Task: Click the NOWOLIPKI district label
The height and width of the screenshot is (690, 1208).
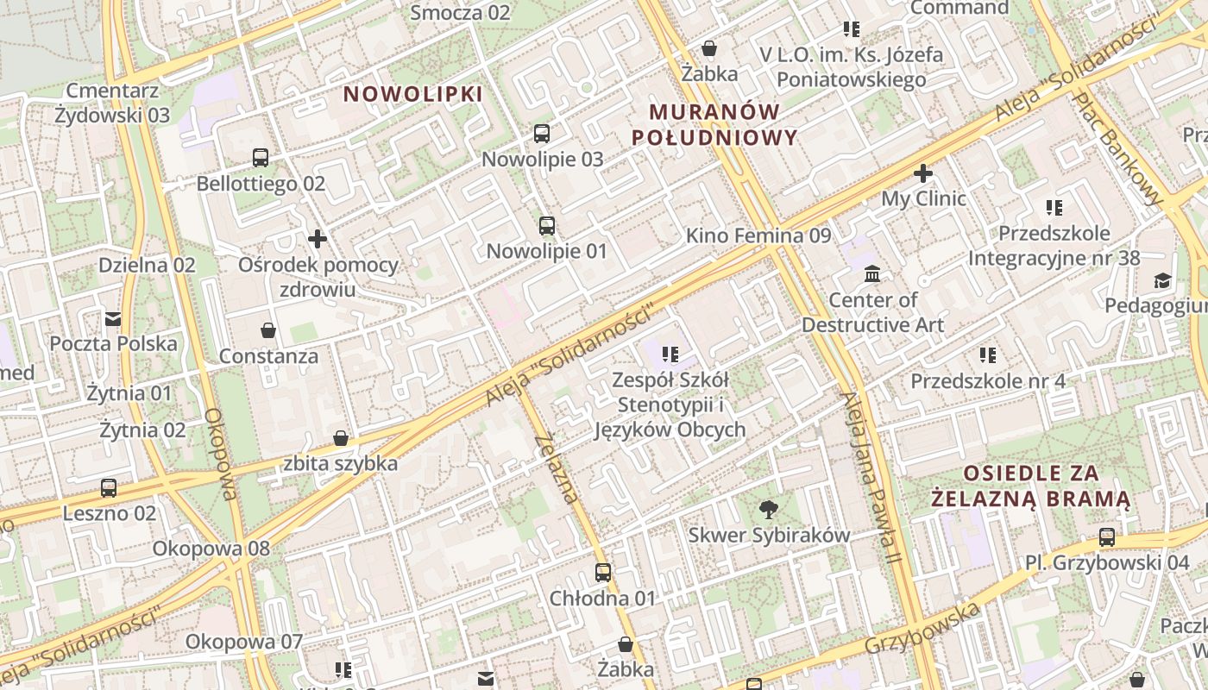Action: point(413,94)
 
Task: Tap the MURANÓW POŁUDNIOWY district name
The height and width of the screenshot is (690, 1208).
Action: point(714,124)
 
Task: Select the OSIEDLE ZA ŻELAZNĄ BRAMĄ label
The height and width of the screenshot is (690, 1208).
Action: point(1031,486)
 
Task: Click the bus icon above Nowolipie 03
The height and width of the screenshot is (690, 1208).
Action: point(542,134)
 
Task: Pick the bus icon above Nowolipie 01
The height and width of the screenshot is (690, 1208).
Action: point(547,226)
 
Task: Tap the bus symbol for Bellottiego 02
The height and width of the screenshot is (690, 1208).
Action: point(261,158)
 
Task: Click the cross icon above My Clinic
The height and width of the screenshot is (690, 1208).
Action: point(923,173)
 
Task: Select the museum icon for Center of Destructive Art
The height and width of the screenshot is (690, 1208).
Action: point(872,274)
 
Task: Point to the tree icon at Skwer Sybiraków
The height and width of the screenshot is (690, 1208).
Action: point(768,510)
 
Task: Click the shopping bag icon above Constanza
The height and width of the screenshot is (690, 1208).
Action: point(268,330)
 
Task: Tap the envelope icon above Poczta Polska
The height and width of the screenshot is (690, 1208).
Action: point(113,319)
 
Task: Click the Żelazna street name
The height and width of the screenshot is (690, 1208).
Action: point(556,468)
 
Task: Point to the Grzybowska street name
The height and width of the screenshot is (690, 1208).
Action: point(922,629)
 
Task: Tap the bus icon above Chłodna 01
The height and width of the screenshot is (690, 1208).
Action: point(603,572)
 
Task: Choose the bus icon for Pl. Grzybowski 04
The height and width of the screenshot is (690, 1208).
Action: point(1107,537)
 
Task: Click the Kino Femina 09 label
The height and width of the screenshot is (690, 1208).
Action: point(758,235)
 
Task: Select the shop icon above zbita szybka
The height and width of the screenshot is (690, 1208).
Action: point(341,438)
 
